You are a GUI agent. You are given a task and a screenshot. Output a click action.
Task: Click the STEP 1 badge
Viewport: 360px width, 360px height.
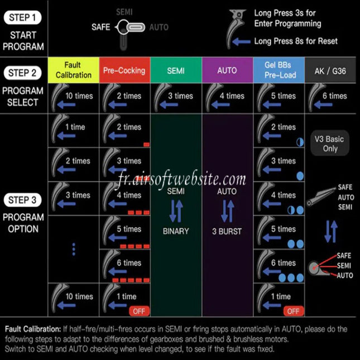22,17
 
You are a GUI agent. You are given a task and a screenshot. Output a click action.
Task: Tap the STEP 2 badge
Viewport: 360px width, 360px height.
22,73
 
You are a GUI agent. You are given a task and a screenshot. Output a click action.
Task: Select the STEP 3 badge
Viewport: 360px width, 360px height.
22,200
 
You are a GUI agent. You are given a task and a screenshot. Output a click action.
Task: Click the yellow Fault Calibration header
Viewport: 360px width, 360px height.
74,70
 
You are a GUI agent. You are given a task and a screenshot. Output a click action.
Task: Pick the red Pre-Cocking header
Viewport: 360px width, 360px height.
124,70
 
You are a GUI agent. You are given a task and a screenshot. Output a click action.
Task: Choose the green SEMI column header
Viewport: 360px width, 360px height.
176,70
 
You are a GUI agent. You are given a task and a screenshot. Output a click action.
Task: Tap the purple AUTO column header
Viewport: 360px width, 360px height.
227,70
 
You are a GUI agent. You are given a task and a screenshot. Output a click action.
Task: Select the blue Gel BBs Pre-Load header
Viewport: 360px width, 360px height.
279,70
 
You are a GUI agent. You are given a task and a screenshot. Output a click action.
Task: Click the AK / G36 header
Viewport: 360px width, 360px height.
330,70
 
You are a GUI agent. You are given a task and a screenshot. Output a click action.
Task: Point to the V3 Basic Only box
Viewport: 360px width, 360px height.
330,143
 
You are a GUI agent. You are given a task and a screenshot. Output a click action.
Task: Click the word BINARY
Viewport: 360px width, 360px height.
176,231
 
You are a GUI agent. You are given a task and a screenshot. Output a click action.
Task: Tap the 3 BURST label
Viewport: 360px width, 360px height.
227,231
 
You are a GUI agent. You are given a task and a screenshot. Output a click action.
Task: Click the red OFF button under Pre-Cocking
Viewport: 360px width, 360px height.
139,311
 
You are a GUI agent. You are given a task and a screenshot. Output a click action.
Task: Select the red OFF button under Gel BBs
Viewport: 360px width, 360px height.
294,311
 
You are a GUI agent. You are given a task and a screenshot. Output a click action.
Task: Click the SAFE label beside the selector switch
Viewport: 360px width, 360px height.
101,27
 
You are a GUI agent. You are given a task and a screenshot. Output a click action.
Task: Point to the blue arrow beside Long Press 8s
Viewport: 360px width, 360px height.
241,42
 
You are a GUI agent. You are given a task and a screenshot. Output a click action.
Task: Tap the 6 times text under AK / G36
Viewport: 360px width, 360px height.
335,96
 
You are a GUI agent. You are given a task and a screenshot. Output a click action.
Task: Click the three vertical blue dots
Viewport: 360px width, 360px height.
74,249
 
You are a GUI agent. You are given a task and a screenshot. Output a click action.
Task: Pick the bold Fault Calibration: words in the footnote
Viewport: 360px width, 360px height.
33,329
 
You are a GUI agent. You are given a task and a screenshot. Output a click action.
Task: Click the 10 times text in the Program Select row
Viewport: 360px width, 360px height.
79,96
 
